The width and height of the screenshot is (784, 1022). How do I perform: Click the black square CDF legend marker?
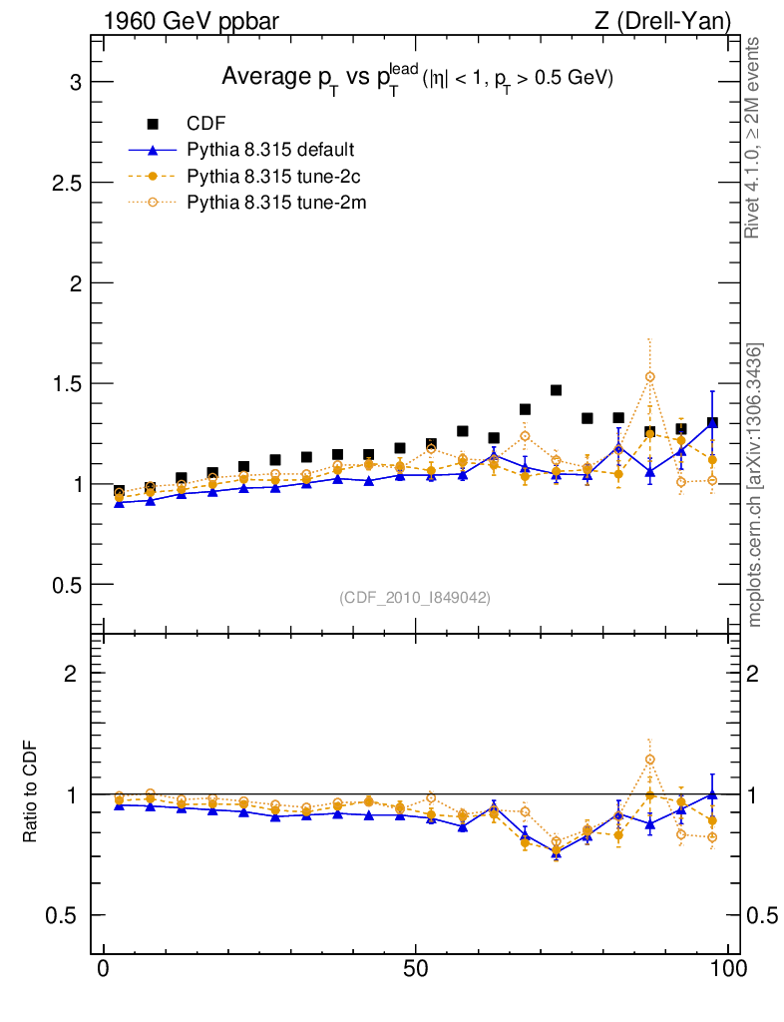[x=153, y=124]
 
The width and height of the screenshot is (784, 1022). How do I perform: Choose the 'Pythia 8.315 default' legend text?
[x=270, y=150]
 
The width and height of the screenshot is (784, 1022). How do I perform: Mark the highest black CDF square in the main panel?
[x=557, y=390]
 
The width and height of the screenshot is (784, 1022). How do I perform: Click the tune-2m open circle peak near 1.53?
[x=650, y=376]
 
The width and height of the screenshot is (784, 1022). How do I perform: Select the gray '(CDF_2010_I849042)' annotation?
[x=415, y=597]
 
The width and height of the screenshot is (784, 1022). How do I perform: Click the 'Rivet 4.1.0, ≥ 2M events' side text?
[x=754, y=138]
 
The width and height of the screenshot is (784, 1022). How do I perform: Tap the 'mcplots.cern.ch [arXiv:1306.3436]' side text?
[x=755, y=484]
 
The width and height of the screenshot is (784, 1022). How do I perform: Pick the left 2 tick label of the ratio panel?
[x=71, y=674]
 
